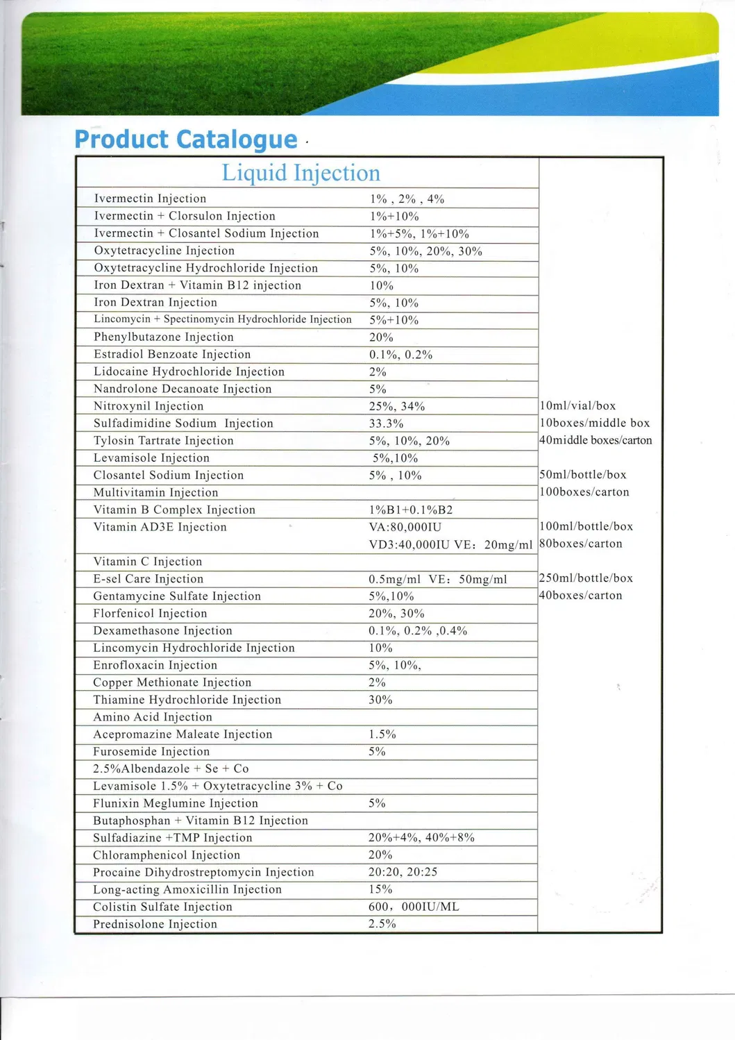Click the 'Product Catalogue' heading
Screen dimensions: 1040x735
coord(185,140)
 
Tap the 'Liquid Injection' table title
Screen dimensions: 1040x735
coord(301,173)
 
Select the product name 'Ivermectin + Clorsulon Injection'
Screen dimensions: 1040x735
coord(185,216)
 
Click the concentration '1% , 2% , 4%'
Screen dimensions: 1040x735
coord(407,199)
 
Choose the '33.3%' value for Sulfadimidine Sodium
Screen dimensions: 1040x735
coord(386,423)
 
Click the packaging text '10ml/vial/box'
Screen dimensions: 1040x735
coord(577,406)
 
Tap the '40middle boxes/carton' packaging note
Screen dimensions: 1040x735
coord(595,440)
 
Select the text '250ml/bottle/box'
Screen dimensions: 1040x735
coord(586,578)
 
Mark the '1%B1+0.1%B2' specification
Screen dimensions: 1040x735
coord(411,510)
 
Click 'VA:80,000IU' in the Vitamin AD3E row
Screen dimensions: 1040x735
coord(405,527)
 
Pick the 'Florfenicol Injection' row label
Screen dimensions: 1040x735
coord(150,613)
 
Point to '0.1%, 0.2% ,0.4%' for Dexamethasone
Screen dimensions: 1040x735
coord(418,630)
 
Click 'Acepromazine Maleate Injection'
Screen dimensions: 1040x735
coord(183,734)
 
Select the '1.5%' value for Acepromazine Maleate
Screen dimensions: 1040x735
coord(382,734)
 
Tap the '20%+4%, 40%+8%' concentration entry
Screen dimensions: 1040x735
coord(421,837)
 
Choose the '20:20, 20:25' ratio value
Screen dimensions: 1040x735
coord(403,872)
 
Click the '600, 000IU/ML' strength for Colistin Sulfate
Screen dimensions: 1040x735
coord(414,907)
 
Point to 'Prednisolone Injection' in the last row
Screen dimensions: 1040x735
coord(155,924)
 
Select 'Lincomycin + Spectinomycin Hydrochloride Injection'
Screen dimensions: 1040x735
coord(223,319)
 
